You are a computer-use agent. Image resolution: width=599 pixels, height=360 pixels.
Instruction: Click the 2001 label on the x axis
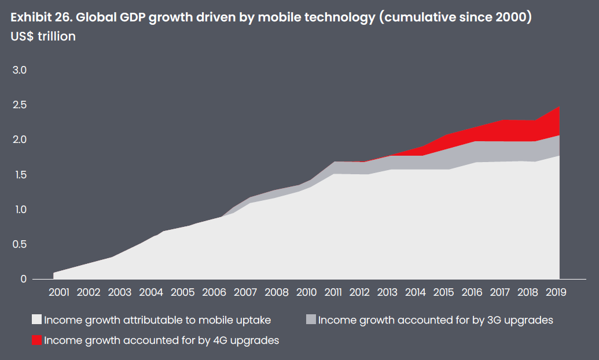(x=60, y=292)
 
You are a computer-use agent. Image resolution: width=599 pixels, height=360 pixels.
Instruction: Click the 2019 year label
(x=556, y=292)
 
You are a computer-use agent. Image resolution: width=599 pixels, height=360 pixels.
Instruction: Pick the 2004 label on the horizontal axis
(x=152, y=292)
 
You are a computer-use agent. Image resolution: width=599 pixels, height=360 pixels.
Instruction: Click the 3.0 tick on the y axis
(x=20, y=71)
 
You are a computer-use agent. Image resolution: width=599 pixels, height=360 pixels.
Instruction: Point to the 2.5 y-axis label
(x=20, y=105)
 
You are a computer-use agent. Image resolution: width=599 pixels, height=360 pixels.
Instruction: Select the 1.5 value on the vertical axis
(x=20, y=175)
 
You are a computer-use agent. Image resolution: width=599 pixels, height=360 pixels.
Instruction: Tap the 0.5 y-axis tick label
(x=20, y=244)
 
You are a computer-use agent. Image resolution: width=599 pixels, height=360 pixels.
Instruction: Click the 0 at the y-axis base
(x=24, y=279)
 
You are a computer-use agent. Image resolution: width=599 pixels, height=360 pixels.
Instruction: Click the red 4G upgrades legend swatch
(x=37, y=340)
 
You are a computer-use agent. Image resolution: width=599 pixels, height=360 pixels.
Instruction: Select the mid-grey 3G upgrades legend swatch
(x=311, y=319)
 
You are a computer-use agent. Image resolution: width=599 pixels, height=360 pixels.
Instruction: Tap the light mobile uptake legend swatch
(x=37, y=319)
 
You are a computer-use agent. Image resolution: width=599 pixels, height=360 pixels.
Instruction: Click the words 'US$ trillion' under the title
(x=43, y=36)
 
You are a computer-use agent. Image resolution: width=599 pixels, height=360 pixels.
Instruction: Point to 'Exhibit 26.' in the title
(x=39, y=17)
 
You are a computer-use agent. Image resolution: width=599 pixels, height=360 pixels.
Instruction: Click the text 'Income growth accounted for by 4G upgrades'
(x=161, y=340)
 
